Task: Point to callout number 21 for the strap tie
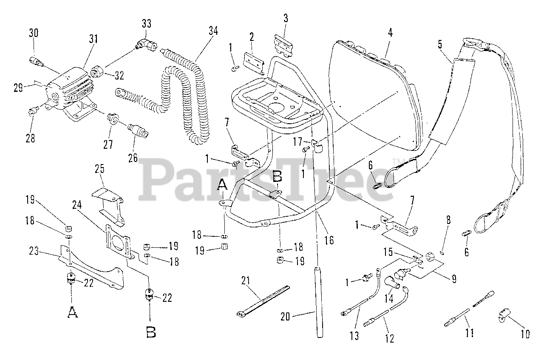click(246, 281)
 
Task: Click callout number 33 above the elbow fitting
click(147, 23)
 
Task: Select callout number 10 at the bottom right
click(525, 334)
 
